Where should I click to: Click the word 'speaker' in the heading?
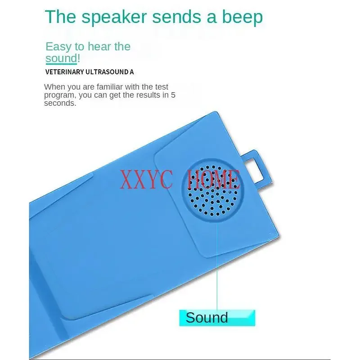[x=114, y=18]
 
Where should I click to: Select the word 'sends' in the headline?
[x=177, y=17]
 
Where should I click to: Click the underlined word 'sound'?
[x=61, y=58]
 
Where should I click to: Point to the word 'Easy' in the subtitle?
[x=58, y=47]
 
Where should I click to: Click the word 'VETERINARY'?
[x=64, y=72]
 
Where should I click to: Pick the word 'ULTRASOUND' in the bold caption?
[x=107, y=72]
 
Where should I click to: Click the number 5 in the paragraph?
[x=173, y=95]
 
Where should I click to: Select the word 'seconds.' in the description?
[x=60, y=103]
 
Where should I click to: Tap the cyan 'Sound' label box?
[x=217, y=318]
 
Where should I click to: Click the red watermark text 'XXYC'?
[x=146, y=179]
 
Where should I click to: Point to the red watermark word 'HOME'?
[x=213, y=179]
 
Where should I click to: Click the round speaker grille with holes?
[x=212, y=190]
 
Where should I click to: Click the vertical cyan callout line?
[x=217, y=264]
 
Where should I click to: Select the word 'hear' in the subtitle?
[x=99, y=47]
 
